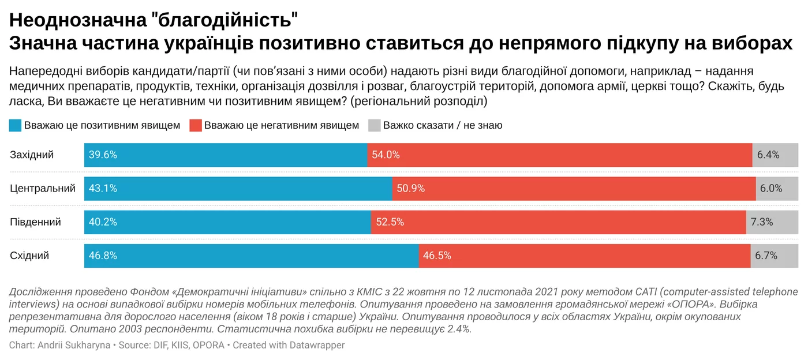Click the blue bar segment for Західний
[x=225, y=155]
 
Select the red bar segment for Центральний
[x=574, y=189]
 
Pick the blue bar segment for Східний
[x=251, y=256]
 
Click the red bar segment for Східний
[x=584, y=256]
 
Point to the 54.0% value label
[x=386, y=155]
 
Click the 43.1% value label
[x=103, y=189]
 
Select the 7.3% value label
[x=761, y=222]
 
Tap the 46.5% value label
[x=437, y=256]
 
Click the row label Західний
[x=32, y=155]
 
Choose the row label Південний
[x=35, y=222]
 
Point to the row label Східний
[x=29, y=256]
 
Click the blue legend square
[x=16, y=125]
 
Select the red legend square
[x=196, y=125]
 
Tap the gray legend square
[x=375, y=125]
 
